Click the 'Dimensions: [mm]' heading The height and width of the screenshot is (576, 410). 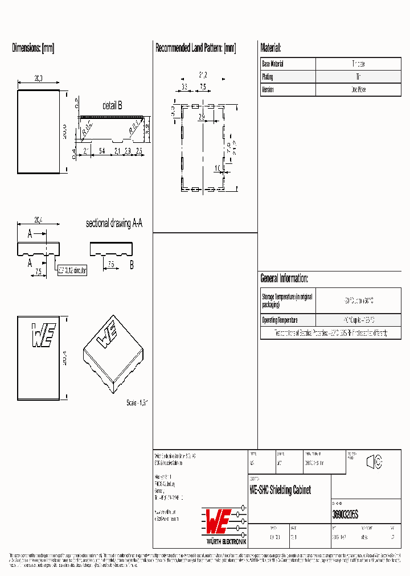[33, 48]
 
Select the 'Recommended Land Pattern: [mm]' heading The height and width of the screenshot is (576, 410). [195, 48]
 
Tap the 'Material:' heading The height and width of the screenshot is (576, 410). [270, 48]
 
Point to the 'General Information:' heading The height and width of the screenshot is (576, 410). [284, 278]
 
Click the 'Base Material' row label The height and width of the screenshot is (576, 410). [273, 64]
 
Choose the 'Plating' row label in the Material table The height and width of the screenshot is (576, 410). [268, 77]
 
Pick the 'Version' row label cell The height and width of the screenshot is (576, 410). [268, 89]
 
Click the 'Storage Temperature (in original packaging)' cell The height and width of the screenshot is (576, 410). [287, 301]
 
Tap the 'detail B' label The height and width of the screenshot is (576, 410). [112, 105]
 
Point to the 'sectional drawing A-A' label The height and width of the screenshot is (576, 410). [114, 224]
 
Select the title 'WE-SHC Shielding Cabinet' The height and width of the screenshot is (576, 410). [280, 490]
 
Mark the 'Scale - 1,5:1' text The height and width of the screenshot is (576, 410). [137, 402]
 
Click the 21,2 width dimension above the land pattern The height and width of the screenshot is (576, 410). [203, 75]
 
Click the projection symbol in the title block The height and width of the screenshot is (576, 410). [374, 462]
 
